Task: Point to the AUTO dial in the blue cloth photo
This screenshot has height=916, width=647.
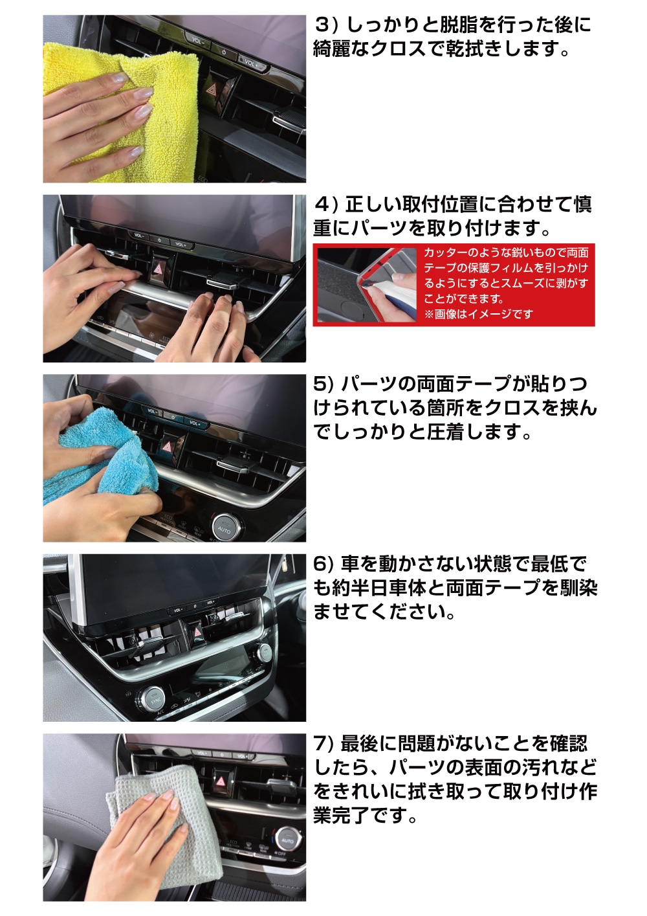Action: pos(224,528)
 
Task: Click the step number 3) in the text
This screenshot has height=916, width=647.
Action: pos(326,25)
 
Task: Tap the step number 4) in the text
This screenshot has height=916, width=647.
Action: pos(327,205)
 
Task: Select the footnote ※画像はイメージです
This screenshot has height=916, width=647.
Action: pos(479,314)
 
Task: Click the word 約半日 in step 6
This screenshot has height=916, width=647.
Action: pos(360,588)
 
